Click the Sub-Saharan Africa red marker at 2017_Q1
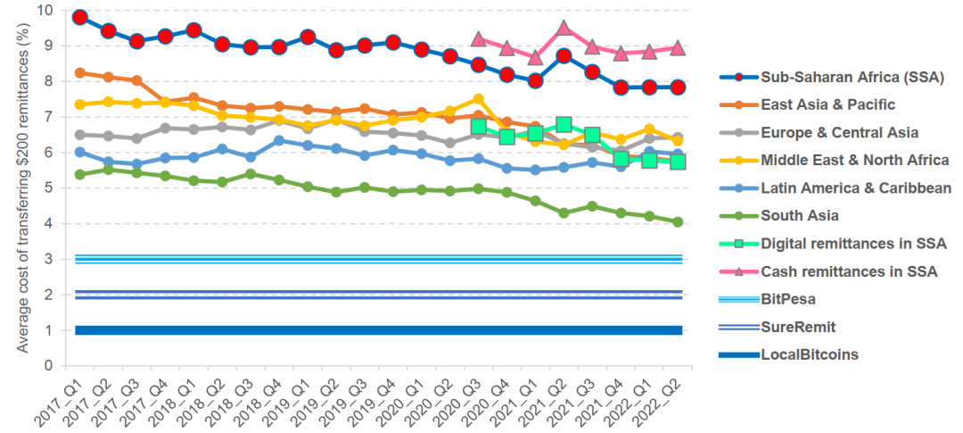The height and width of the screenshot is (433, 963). coord(80,17)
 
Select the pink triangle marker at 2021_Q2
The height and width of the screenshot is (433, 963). coord(564,28)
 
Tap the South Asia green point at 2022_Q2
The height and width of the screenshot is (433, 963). coord(677,221)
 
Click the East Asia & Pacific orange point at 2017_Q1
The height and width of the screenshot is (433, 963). coord(80,73)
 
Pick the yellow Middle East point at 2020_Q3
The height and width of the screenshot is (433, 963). coord(478,99)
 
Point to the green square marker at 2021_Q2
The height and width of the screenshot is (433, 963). coord(564,125)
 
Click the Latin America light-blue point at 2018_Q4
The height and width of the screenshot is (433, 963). coord(279,140)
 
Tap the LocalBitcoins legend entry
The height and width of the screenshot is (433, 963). coord(809,354)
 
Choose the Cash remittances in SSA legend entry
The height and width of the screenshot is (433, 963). coord(848,271)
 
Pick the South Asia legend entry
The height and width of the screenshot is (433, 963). coord(801,215)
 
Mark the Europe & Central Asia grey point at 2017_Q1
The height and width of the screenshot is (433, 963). coord(80,135)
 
